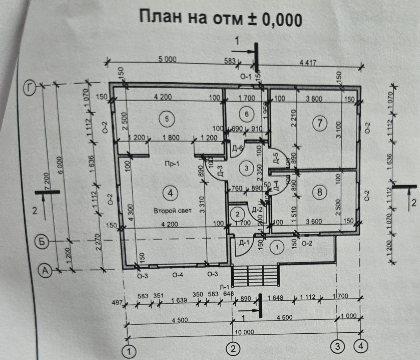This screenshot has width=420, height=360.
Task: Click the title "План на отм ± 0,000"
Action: tap(220, 19)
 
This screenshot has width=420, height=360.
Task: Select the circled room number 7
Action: tap(320, 123)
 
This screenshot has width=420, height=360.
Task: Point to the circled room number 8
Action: tap(320, 192)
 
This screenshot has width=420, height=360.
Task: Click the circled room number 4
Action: tap(170, 193)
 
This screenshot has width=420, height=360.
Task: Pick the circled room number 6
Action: tap(246, 114)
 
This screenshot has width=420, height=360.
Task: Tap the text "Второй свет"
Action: tap(173, 211)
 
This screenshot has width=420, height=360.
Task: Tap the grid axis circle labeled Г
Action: tap(30, 88)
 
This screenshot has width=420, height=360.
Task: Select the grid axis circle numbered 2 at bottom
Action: tap(233, 349)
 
